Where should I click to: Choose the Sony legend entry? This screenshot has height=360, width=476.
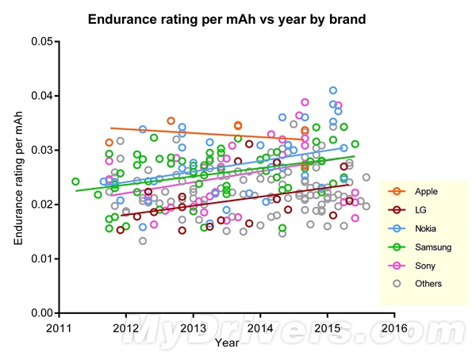[x=416, y=266]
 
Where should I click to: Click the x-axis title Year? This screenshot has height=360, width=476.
[x=225, y=342]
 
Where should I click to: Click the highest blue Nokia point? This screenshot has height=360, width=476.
[x=333, y=90]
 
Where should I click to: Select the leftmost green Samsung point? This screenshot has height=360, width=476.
[x=75, y=182]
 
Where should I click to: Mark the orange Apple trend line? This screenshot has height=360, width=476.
[x=206, y=132]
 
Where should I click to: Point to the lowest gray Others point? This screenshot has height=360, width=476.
[x=143, y=241]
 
